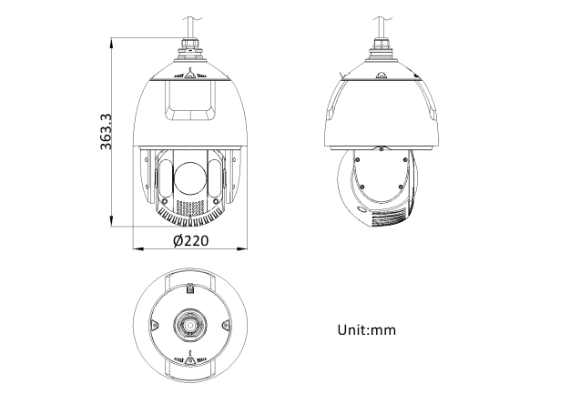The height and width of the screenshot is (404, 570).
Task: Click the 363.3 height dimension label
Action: click(x=106, y=132)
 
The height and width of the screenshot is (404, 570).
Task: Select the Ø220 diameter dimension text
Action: click(x=191, y=240)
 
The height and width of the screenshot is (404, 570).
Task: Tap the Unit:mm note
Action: click(x=366, y=330)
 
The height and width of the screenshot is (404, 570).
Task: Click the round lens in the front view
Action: click(x=189, y=178)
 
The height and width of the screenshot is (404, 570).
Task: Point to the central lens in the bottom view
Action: click(x=189, y=325)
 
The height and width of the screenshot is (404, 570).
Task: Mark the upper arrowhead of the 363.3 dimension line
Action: click(x=112, y=43)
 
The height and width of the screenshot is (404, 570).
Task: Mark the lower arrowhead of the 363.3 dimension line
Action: click(x=112, y=221)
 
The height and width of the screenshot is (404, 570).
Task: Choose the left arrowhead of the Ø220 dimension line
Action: click(x=138, y=249)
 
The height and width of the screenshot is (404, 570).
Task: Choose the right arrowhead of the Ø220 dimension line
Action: click(x=241, y=249)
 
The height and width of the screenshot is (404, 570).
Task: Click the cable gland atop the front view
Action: click(x=189, y=47)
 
